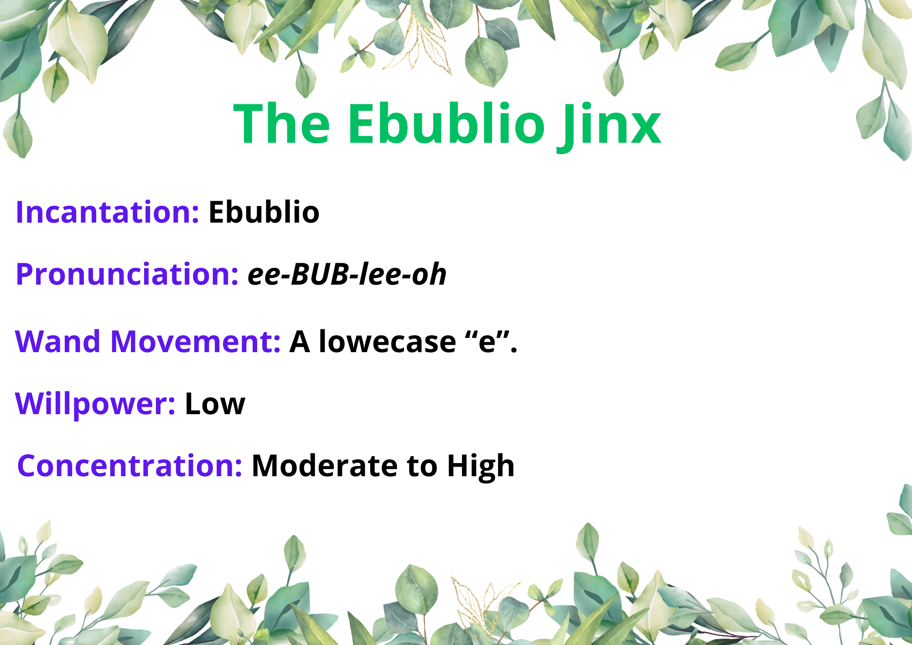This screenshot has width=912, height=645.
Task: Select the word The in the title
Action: click(x=282, y=123)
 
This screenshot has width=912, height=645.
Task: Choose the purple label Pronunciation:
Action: click(x=127, y=275)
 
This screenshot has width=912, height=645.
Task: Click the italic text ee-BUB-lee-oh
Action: click(x=347, y=274)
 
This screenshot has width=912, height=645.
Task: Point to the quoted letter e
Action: click(x=487, y=343)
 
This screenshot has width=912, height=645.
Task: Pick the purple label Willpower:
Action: click(x=95, y=404)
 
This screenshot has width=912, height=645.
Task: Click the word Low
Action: click(x=215, y=404)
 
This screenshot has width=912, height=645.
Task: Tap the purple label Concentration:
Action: click(x=130, y=466)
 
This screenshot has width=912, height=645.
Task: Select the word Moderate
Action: click(x=326, y=466)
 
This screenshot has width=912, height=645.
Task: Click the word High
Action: click(x=481, y=466)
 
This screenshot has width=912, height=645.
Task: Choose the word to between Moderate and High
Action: click(x=423, y=467)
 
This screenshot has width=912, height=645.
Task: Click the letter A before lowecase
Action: click(x=300, y=342)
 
